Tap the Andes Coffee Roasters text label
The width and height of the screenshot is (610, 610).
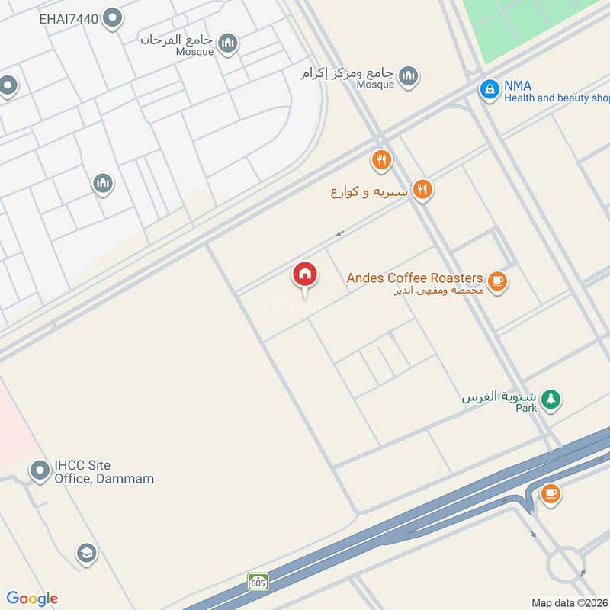(x=415, y=278)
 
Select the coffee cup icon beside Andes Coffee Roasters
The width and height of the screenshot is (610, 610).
(x=498, y=281)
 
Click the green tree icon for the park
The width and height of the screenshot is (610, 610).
(x=551, y=398)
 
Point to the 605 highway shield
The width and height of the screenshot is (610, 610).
(x=258, y=582)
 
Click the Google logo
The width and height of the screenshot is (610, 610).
(x=32, y=599)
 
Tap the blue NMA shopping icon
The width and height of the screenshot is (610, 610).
(x=489, y=89)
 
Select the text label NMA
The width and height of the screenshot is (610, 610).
(x=517, y=86)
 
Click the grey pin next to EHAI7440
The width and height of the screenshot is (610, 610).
(x=113, y=18)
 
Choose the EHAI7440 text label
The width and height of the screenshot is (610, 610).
(x=69, y=18)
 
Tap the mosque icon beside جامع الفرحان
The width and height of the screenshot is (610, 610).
(x=226, y=44)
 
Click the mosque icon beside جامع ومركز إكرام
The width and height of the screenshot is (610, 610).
(x=409, y=75)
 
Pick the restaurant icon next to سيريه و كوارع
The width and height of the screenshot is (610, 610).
(x=422, y=190)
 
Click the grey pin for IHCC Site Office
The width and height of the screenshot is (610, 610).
(x=40, y=470)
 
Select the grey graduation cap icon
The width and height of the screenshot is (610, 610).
(x=86, y=554)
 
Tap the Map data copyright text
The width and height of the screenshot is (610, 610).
(x=569, y=603)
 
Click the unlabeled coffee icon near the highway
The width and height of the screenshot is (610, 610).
(x=550, y=493)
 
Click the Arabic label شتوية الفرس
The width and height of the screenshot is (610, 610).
(x=499, y=396)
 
